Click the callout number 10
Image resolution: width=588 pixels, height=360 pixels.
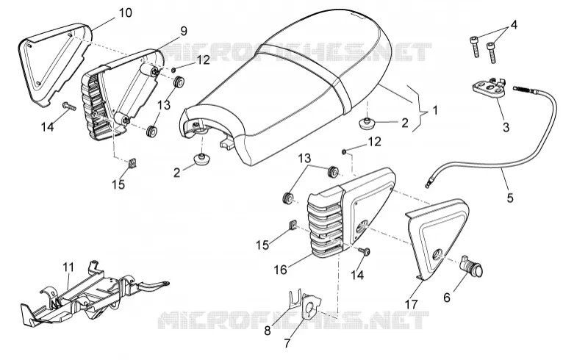click(126, 12)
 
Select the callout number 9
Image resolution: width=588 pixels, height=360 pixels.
click(183, 31)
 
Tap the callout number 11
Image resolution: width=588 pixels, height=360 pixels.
click(68, 267)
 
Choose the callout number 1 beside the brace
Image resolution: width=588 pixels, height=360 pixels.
click(434, 111)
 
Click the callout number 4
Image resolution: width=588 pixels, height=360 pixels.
click(514, 25)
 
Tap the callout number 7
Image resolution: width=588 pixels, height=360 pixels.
click(287, 343)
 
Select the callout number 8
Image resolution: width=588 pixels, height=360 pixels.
click(268, 331)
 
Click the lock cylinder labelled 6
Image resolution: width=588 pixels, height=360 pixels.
click(471, 266)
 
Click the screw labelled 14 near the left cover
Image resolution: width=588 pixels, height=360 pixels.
click(69, 106)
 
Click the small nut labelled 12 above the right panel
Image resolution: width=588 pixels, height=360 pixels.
click(344, 151)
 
